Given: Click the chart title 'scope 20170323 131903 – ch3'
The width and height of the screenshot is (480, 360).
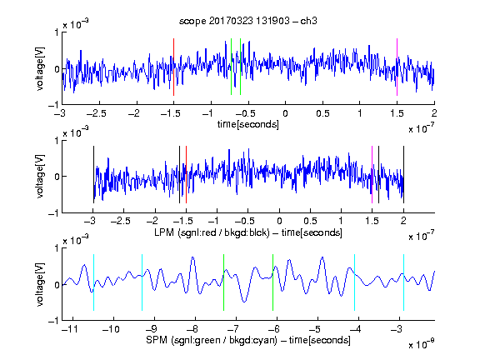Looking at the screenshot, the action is (x=248, y=21).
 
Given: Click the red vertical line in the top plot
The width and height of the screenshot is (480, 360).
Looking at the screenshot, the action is (x=173, y=67).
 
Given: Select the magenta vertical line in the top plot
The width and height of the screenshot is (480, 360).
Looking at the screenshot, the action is (x=397, y=67).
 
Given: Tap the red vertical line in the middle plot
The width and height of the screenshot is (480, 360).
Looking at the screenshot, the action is (x=186, y=174).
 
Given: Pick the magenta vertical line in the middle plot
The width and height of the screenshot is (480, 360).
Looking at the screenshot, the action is (x=372, y=174).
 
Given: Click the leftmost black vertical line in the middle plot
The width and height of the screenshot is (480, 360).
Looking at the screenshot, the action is (x=93, y=174).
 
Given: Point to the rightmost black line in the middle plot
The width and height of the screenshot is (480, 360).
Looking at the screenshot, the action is (x=403, y=174).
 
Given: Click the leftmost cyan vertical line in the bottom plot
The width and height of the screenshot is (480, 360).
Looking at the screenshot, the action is (x=93, y=282).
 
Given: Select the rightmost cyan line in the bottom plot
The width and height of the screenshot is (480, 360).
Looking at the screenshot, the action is (x=404, y=282).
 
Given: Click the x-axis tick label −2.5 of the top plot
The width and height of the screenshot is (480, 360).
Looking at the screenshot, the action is (x=97, y=113).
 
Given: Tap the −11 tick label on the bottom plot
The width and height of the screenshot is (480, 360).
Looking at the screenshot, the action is (x=70, y=329).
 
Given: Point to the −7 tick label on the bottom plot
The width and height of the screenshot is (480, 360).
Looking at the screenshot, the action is (x=233, y=329).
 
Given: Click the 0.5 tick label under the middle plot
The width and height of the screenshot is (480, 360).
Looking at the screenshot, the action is (x=310, y=221).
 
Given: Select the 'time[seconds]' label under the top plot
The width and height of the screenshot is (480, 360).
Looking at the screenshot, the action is (x=248, y=124).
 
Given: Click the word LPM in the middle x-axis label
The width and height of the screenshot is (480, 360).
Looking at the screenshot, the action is (x=164, y=232).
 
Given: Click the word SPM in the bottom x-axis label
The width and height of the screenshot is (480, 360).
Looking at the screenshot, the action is (x=157, y=340).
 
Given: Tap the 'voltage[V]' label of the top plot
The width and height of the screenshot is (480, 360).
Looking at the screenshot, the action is (x=40, y=68).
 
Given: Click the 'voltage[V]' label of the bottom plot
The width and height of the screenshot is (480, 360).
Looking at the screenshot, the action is (x=40, y=284).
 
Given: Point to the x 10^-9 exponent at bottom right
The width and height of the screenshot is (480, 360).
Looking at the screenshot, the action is (x=421, y=344).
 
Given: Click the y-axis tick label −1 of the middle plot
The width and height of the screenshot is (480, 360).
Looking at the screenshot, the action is (x=54, y=213).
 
